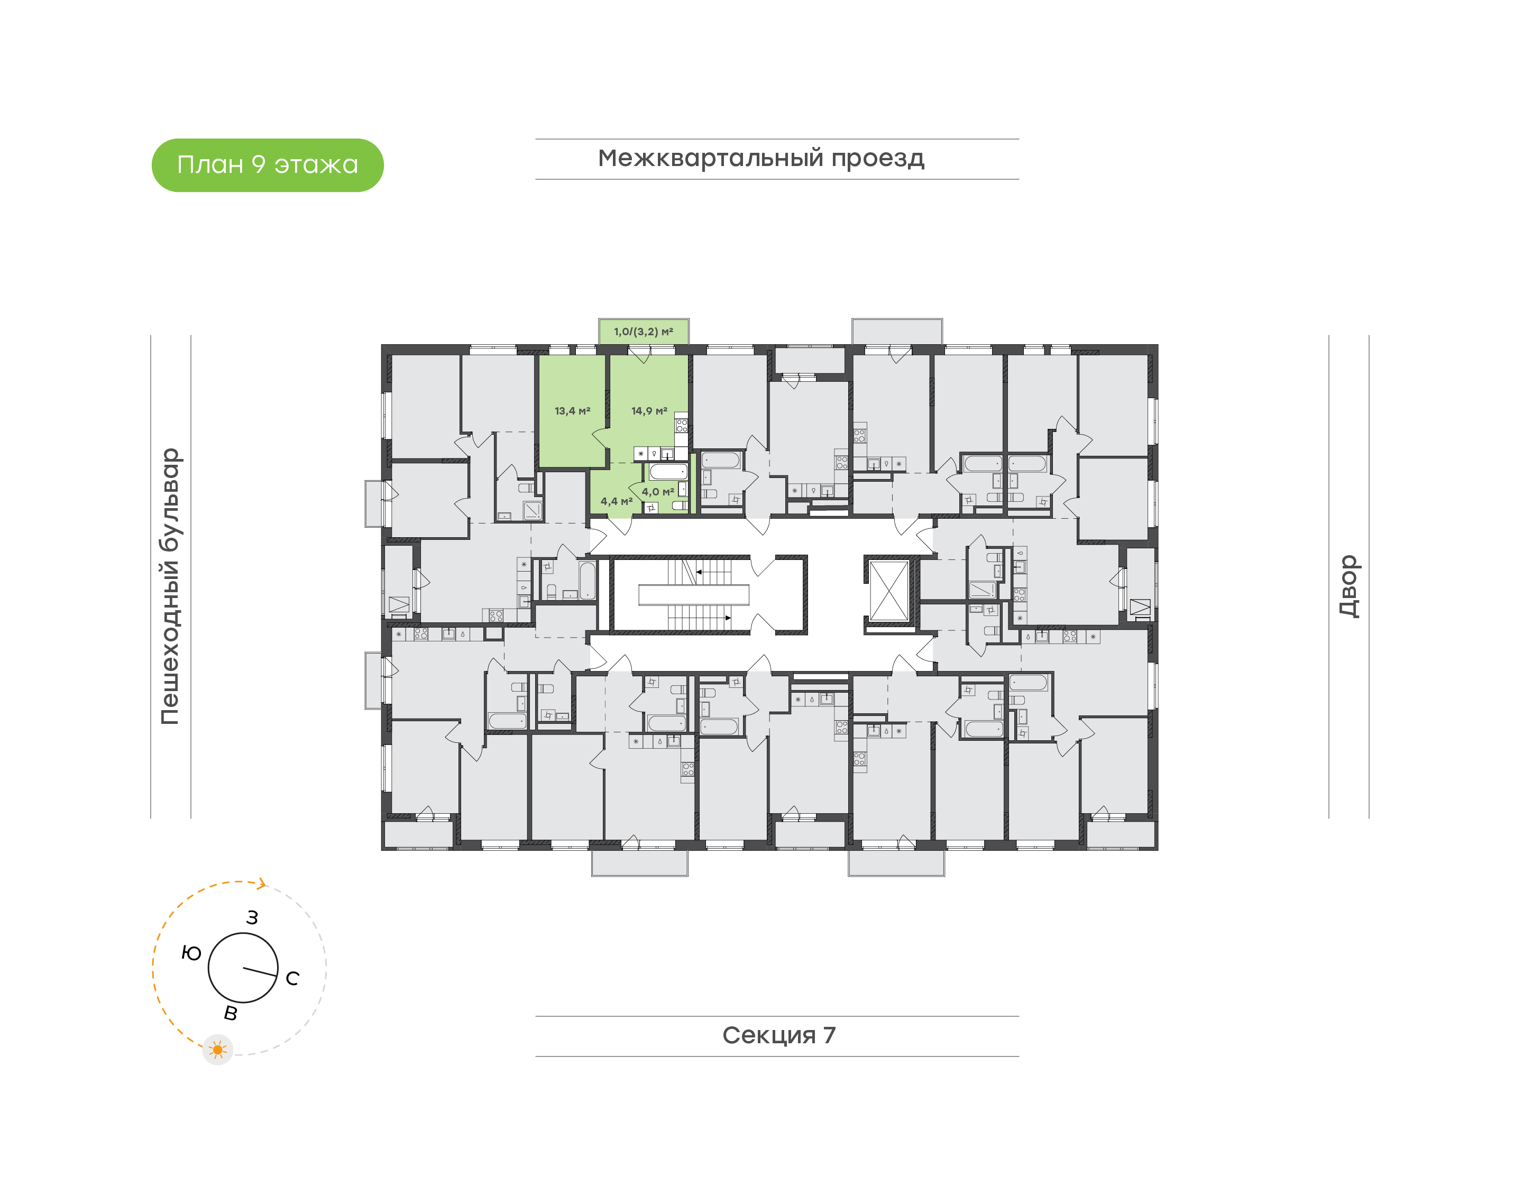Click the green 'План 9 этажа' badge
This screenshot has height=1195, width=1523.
point(267,165)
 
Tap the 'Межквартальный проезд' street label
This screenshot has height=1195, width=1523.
point(760,158)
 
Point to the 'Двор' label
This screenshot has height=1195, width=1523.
point(1348,586)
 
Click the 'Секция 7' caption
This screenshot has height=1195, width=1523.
point(778,1035)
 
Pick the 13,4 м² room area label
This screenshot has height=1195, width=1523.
point(572,411)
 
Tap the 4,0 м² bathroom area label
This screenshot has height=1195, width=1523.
point(658,492)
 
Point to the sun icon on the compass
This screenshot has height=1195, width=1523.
point(217,1050)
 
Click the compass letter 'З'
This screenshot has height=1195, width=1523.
point(253,918)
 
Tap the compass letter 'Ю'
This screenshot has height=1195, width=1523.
point(191,953)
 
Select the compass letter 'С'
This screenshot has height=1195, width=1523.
point(292,978)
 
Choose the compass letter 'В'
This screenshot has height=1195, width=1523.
point(230,1013)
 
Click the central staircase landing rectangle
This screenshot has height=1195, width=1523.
point(693,595)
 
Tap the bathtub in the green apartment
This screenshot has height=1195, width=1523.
point(667,472)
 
